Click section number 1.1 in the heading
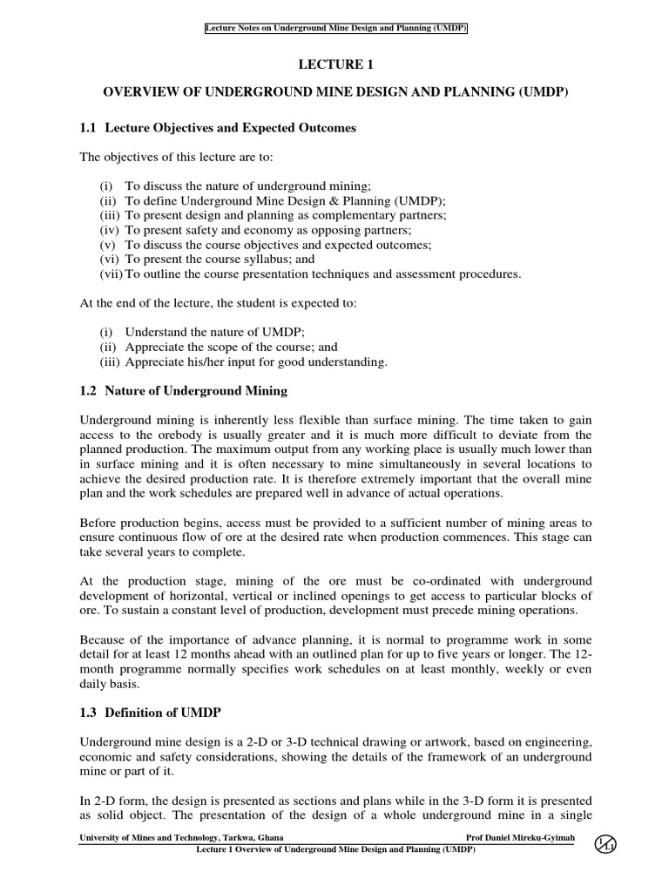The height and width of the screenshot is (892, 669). click(88, 128)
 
